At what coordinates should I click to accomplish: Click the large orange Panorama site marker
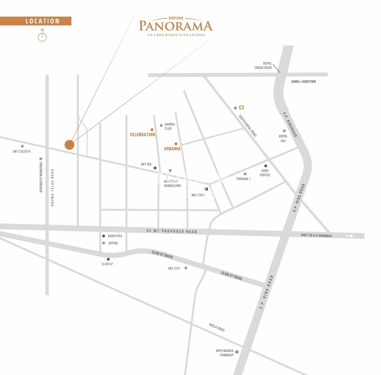69,145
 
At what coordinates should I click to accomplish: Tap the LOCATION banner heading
42,21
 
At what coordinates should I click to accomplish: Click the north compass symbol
42,37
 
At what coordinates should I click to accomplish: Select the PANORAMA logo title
176,26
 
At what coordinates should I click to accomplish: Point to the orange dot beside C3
235,108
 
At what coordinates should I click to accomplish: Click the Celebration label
142,135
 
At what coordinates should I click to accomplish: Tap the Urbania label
172,149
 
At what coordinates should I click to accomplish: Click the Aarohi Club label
169,126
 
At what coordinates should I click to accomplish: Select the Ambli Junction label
303,82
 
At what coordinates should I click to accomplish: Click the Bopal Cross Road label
263,65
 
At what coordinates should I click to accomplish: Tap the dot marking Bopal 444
284,131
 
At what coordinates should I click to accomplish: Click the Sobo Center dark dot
266,166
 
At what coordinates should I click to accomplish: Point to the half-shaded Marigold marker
206,189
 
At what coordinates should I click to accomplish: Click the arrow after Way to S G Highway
349,236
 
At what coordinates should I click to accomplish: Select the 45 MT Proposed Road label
172,231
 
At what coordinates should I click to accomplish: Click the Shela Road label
217,327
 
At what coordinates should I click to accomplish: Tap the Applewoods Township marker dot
237,352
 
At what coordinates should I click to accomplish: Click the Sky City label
174,268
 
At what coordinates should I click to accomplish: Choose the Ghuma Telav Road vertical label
53,188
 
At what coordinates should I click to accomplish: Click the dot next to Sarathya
104,236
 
